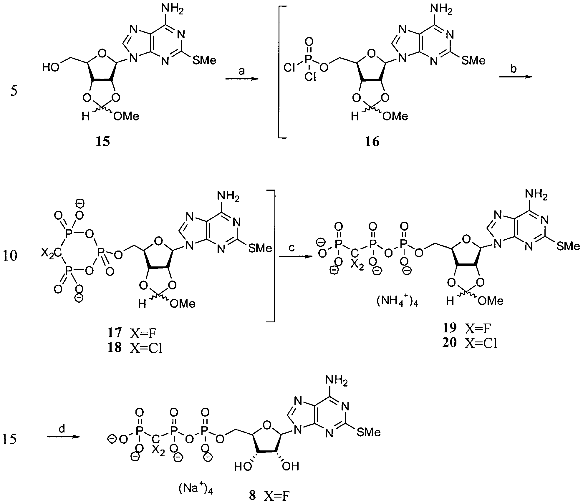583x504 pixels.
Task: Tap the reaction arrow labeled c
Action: point(296,257)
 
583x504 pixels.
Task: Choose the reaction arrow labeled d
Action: point(64,437)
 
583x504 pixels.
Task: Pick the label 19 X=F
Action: point(467,328)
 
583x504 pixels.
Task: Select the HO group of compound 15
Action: point(51,68)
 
